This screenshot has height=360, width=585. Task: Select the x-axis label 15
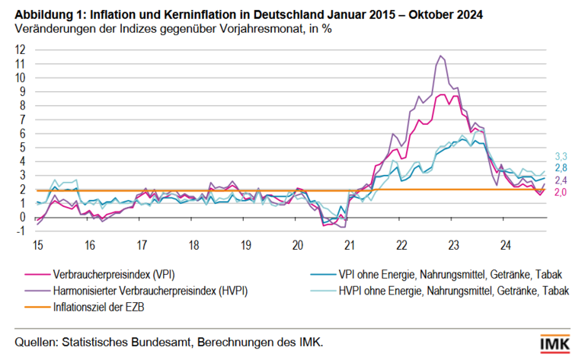point(37,246)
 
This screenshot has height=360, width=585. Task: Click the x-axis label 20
point(297,246)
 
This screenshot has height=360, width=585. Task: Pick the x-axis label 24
point(505,246)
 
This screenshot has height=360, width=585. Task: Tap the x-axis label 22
point(401,246)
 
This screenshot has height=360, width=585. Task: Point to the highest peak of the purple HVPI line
point(440,56)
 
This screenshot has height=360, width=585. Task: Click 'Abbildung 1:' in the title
point(47,14)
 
